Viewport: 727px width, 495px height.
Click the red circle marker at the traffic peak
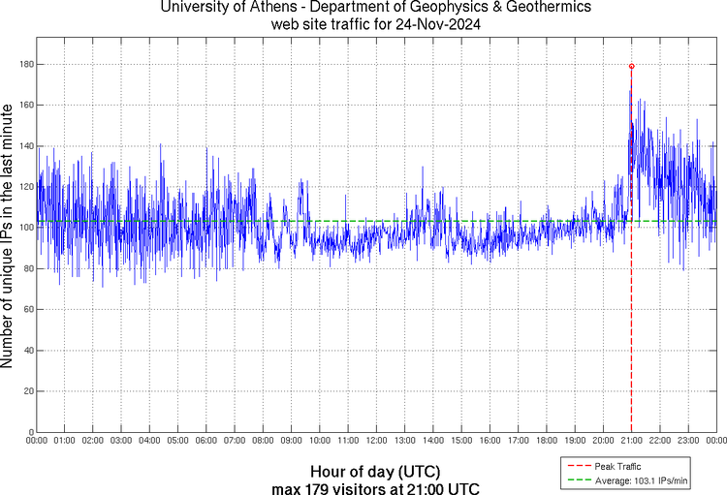[x=631, y=66]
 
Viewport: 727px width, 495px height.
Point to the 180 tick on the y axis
[x=27, y=64]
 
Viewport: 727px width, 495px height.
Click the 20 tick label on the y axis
[x=29, y=391]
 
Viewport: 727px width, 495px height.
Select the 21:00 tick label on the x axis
[x=631, y=441]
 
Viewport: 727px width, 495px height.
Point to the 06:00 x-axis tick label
[x=206, y=441]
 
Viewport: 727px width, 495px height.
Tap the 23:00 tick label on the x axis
[x=688, y=441]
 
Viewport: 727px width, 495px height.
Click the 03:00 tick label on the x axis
[x=121, y=441]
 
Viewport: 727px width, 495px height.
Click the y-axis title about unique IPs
[x=9, y=237]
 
